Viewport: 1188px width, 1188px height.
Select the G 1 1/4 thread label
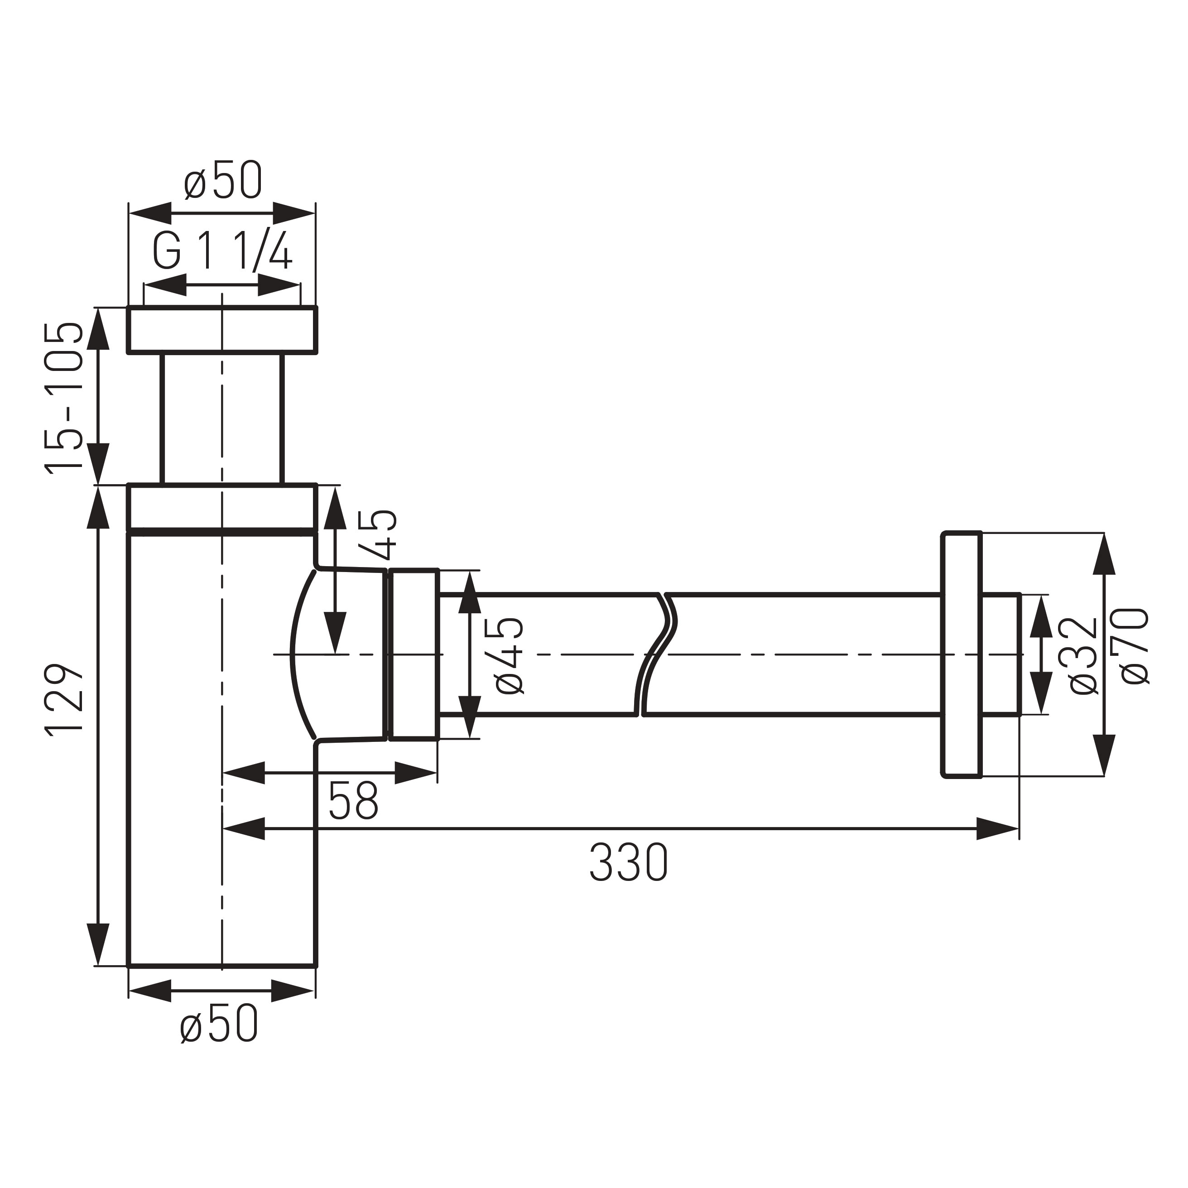[221, 251]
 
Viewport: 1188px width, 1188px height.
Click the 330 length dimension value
[628, 863]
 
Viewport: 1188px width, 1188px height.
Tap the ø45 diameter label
[509, 655]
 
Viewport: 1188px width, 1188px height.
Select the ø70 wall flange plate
[961, 655]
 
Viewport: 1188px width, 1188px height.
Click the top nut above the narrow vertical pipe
[222, 330]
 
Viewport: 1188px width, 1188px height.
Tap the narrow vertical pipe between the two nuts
[222, 418]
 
